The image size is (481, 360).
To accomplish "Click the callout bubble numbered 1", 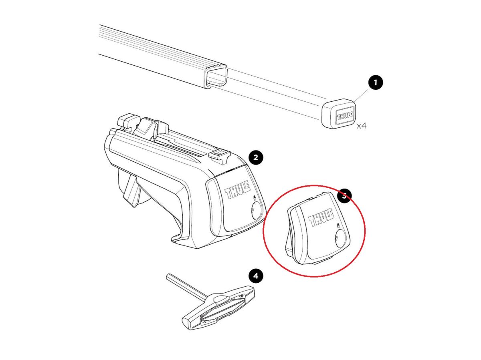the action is [376, 82].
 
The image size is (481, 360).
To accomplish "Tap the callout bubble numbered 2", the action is [256, 157].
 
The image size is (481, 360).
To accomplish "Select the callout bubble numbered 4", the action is [256, 276].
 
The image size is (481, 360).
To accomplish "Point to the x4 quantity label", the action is [362, 126].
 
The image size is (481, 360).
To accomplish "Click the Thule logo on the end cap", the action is [345, 116].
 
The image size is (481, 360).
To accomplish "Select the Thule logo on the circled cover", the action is [321, 217].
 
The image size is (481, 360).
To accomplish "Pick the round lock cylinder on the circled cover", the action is [340, 238].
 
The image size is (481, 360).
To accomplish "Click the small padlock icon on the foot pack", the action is [255, 197].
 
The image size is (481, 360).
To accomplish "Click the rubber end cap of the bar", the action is [339, 114].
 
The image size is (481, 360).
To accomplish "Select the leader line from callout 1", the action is [361, 95].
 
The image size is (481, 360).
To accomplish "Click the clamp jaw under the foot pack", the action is [130, 188].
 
